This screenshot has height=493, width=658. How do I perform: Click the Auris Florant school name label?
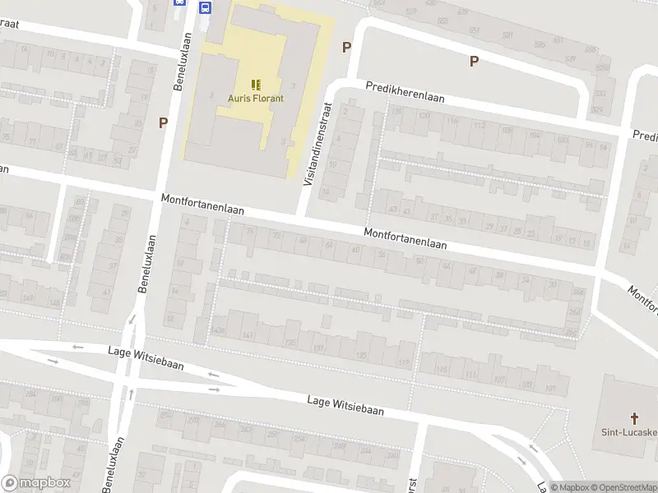tap(256, 99)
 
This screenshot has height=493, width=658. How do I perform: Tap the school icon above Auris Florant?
tap(256, 85)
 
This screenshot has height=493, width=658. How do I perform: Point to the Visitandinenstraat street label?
tap(316, 144)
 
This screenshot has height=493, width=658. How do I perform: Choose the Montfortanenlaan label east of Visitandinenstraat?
tap(405, 239)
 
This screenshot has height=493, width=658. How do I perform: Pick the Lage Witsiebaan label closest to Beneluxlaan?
tap(146, 358)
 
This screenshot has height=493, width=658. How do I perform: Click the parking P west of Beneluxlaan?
tap(163, 122)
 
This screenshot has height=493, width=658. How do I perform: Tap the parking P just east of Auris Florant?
tap(346, 48)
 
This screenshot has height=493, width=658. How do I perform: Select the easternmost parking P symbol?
tap(473, 60)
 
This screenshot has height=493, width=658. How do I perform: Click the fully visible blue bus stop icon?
tap(205, 7)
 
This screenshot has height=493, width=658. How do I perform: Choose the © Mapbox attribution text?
tap(571, 487)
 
